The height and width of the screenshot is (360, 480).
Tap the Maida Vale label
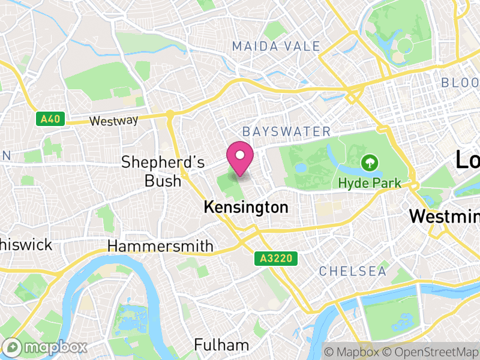click(x=276, y=46)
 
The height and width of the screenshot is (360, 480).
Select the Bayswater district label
click(x=286, y=131)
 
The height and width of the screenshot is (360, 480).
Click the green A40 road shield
click(x=50, y=119)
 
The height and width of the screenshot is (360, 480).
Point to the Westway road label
click(x=113, y=121)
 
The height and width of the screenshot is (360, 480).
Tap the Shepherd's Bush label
click(x=163, y=171)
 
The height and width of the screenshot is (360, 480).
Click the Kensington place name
click(x=246, y=208)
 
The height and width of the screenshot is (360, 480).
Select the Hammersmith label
click(x=160, y=246)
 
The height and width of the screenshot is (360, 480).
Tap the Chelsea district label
click(x=353, y=271)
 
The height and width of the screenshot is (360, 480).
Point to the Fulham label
click(x=221, y=345)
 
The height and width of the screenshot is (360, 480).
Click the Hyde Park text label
click(x=369, y=182)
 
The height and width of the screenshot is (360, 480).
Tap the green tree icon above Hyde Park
click(x=369, y=162)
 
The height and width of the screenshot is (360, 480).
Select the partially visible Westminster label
click(x=444, y=216)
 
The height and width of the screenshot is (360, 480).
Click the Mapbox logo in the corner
click(x=45, y=347)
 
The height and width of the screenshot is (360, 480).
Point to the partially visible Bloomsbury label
click(x=460, y=82)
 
